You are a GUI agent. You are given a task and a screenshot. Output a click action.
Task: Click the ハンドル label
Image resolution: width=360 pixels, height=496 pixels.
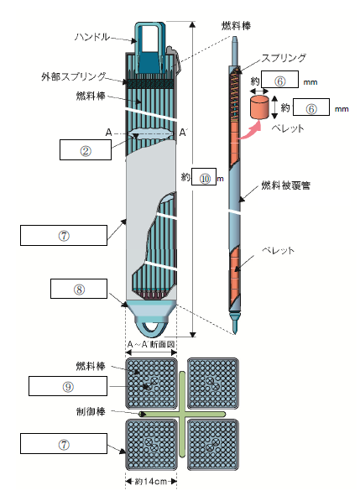pos(92,37)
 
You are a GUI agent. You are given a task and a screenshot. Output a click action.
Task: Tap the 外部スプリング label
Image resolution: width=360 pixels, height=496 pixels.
pos(73,76)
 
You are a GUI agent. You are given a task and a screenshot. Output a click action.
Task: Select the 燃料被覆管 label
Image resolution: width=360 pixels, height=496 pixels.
pos(285,185)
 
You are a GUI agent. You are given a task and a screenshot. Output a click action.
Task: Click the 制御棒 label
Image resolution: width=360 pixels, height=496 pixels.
pos(91,412)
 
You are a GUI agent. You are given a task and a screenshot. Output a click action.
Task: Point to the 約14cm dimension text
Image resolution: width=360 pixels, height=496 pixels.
pos(151,482)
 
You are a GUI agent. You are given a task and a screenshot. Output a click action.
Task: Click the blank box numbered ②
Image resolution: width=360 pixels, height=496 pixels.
pos(86,150)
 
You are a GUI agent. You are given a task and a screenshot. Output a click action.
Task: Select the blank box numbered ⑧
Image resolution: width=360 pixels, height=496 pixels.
pos(79,289)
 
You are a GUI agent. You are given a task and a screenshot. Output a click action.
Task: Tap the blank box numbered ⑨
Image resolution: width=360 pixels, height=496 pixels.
pos(68,386)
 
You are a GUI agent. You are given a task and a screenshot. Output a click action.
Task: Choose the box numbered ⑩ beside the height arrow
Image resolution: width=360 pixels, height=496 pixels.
pos(205,177)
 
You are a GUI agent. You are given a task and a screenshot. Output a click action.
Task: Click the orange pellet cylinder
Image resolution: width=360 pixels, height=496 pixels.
pos(259,107)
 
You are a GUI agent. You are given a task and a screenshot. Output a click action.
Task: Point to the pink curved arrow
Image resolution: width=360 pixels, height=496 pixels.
pos(251,131)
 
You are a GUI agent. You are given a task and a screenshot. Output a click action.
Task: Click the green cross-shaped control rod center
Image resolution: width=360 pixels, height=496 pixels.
pos(182,414)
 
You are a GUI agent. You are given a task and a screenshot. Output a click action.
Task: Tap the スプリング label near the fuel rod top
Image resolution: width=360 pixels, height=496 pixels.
pos(284,58)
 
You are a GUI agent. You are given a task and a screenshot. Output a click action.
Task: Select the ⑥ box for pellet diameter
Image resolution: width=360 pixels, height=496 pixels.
pos(279,80)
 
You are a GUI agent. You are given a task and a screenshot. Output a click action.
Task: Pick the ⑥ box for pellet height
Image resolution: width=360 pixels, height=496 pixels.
pos(311,107)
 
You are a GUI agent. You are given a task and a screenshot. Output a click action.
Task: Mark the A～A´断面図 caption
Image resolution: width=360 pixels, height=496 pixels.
pos(151,344)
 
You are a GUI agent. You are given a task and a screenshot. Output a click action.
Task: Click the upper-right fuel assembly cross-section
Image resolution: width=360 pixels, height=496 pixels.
pos(212,384)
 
